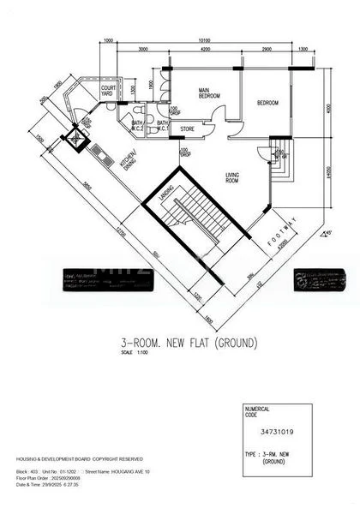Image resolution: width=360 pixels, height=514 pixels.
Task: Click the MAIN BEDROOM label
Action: [205, 93]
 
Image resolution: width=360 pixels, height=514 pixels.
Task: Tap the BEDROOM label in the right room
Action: [267, 103]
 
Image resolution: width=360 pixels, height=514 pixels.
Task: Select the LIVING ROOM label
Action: [232, 177]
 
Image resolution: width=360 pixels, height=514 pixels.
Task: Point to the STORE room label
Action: [187, 130]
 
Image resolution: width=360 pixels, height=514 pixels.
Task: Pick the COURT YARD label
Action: [109, 91]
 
